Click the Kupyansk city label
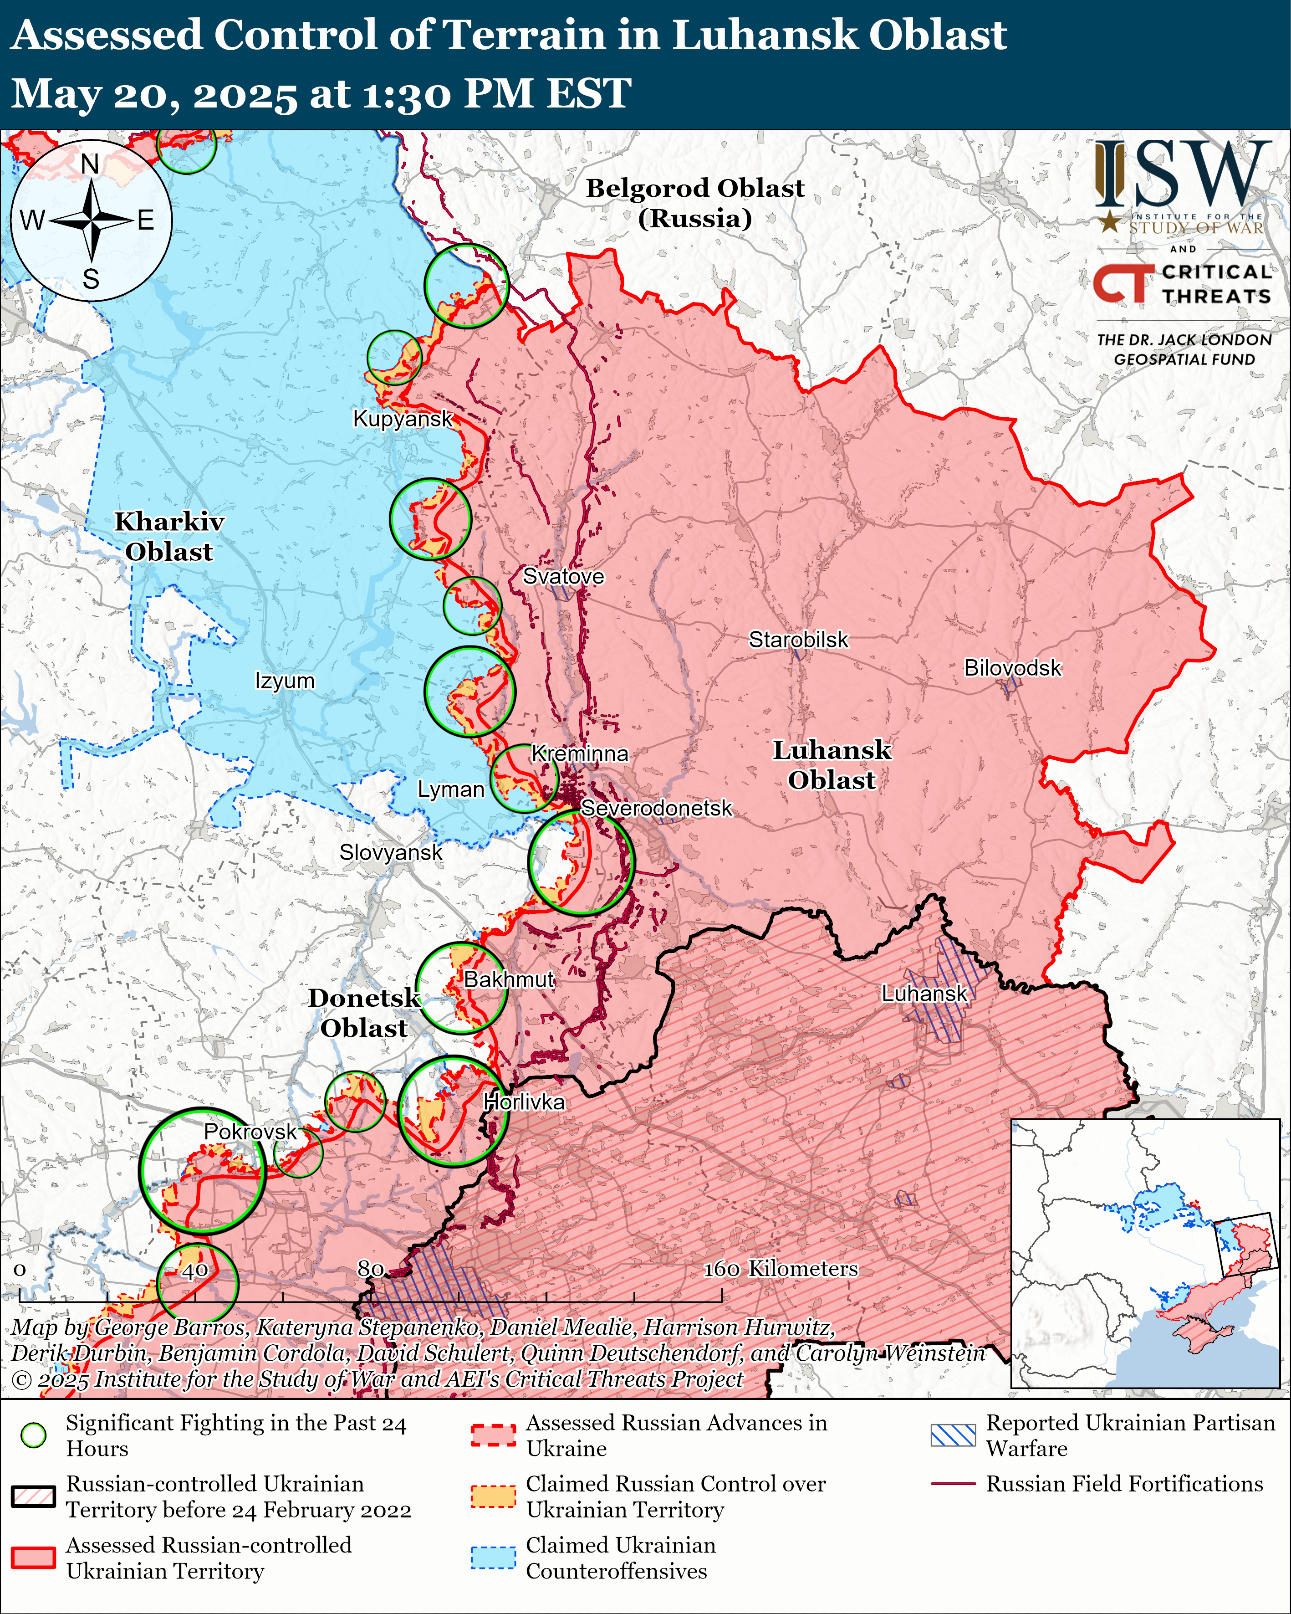(x=403, y=419)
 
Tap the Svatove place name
(x=563, y=576)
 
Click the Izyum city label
(x=285, y=681)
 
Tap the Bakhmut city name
(x=509, y=979)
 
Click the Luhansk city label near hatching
(x=924, y=994)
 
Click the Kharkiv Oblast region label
(x=169, y=536)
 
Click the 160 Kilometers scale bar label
(x=781, y=1268)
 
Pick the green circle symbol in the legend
(x=33, y=1435)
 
